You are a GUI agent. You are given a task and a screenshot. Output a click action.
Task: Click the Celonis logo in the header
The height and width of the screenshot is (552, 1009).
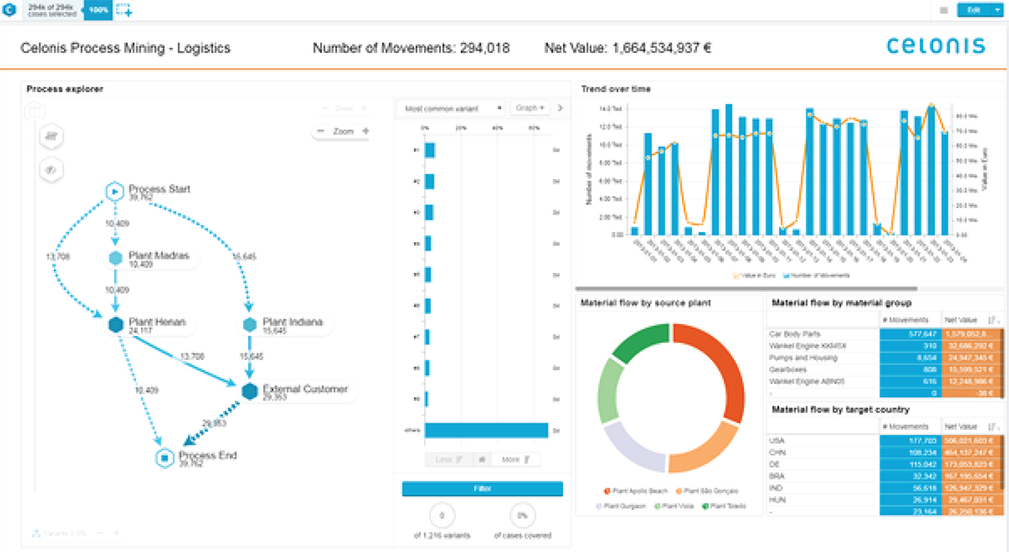(x=936, y=46)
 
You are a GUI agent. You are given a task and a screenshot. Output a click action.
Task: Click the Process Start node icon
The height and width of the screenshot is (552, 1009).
(x=115, y=191)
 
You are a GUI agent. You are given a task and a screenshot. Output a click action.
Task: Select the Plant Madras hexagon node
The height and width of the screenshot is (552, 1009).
(x=115, y=258)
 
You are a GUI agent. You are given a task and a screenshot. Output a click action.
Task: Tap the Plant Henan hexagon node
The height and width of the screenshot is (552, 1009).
(x=115, y=324)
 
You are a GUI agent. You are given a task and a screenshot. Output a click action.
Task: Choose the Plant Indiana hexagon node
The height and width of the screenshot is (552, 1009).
(x=250, y=324)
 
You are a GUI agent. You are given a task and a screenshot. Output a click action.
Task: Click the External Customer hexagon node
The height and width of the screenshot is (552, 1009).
(x=250, y=391)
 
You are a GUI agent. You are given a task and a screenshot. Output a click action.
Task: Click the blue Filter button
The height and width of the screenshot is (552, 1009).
(x=482, y=489)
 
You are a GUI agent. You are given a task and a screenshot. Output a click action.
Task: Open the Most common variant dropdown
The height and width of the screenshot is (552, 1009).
(x=453, y=108)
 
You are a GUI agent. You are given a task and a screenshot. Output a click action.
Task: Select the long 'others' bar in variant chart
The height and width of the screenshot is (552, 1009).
(x=486, y=431)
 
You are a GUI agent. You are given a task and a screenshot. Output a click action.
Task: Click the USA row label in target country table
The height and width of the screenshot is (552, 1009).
(x=777, y=441)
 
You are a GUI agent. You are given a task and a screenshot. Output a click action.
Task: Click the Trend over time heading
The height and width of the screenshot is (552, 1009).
(x=616, y=89)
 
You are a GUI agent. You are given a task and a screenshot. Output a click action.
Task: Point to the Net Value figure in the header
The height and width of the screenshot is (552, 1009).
(x=627, y=48)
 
